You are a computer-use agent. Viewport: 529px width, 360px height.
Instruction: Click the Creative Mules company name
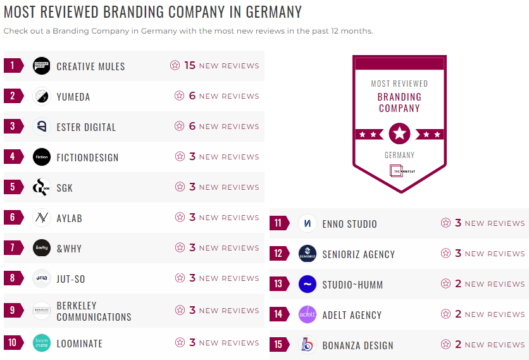click(90, 66)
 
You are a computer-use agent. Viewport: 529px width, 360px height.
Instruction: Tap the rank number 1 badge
click(13, 66)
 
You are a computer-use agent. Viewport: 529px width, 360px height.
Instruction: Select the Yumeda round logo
click(41, 96)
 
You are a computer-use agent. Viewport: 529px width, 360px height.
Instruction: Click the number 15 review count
click(190, 66)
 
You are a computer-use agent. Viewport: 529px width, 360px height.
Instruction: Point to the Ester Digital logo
click(41, 127)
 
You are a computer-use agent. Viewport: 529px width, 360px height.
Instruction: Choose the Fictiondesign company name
click(87, 158)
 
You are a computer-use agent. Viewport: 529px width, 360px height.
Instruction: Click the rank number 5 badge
click(13, 187)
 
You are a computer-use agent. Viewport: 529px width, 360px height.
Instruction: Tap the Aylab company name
click(69, 218)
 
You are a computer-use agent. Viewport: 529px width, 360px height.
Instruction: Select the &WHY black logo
click(41, 248)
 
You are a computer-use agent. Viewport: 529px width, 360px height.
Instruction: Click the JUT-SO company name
click(71, 279)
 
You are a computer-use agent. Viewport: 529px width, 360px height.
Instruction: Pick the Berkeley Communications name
click(94, 311)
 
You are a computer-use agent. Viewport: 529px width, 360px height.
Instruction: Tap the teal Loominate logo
click(41, 343)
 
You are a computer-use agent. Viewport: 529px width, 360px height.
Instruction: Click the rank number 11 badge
click(278, 223)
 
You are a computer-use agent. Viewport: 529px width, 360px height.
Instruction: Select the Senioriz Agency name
click(358, 254)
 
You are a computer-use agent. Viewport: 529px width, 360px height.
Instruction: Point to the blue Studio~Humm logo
click(307, 284)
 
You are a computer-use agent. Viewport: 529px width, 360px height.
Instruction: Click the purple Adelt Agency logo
click(307, 314)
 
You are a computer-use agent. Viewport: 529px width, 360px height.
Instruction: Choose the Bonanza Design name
click(358, 345)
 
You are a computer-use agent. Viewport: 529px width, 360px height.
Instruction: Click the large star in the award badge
click(399, 133)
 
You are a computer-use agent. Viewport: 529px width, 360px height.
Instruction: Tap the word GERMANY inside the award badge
click(399, 155)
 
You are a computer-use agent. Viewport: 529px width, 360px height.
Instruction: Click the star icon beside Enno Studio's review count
click(446, 223)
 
